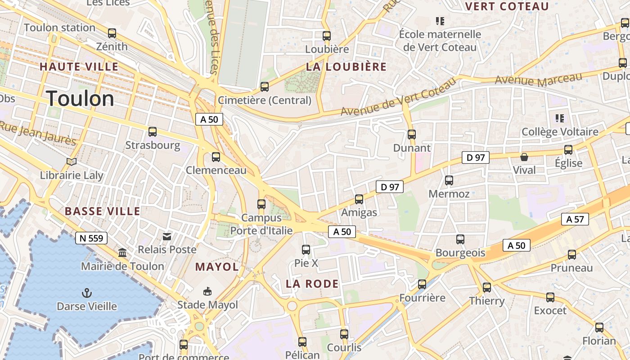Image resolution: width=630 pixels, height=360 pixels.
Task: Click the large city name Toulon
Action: (x=80, y=98)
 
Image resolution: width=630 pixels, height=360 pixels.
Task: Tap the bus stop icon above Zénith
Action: (x=112, y=33)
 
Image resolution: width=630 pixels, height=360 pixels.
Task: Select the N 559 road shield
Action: (x=91, y=238)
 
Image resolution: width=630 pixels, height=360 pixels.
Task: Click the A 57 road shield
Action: (x=575, y=219)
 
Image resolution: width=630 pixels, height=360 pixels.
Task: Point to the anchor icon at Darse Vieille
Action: (x=86, y=293)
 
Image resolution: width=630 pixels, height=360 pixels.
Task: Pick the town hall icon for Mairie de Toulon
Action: (x=122, y=253)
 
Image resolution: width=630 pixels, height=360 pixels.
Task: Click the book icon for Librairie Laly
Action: (x=72, y=162)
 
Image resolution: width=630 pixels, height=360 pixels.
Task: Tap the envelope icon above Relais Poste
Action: (x=167, y=236)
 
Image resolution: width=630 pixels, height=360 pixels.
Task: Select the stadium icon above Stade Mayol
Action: (x=207, y=292)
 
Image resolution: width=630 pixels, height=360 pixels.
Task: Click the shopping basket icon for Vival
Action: (x=524, y=157)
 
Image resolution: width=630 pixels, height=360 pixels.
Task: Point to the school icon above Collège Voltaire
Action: (x=560, y=118)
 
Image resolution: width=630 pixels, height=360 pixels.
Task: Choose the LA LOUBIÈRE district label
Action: (x=346, y=67)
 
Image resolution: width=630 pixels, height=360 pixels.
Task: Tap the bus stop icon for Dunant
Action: (x=411, y=134)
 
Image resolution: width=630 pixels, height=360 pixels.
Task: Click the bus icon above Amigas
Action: (x=359, y=199)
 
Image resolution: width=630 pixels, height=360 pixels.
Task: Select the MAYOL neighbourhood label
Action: (x=217, y=266)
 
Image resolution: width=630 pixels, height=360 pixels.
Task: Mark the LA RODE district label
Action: (x=312, y=283)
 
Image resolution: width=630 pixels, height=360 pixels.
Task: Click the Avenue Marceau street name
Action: (x=538, y=80)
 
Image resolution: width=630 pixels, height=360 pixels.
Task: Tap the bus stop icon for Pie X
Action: (x=306, y=249)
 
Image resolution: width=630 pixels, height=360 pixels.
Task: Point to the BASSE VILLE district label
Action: (x=103, y=211)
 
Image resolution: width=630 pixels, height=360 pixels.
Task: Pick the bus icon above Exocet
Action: (x=550, y=297)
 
